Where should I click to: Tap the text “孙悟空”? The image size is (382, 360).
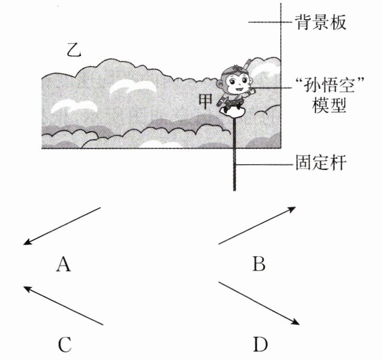(324, 85)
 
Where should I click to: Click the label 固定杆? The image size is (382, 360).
(321, 163)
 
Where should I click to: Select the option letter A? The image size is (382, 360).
(63, 263)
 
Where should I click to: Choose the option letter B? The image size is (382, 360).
(259, 263)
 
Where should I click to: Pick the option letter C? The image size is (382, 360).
(63, 345)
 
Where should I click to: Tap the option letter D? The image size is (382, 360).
(260, 345)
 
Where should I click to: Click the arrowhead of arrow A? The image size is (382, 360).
(26, 244)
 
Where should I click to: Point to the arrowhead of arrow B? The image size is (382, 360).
(292, 208)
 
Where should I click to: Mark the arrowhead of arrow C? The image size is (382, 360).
(26, 287)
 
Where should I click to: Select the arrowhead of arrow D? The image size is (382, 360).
(296, 323)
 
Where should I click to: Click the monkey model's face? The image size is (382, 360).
(237, 83)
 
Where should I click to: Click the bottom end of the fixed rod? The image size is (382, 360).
(234, 188)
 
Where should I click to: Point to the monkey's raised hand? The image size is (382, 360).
(251, 90)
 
